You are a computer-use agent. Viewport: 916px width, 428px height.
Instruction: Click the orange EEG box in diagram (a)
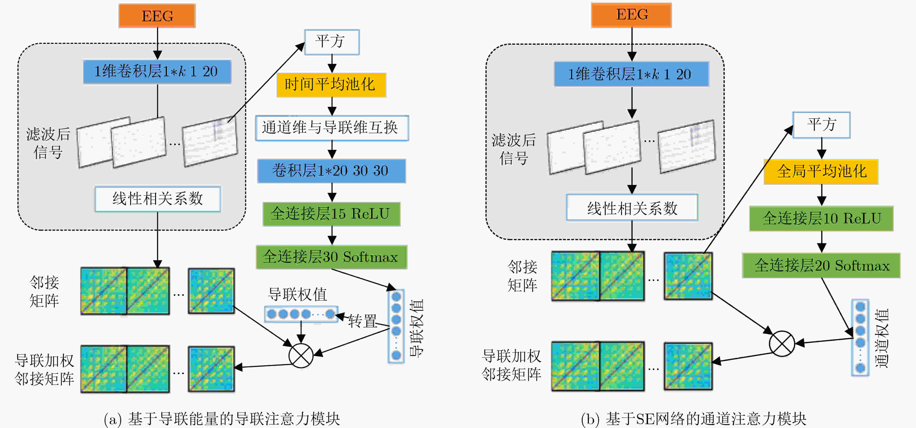click(x=157, y=16)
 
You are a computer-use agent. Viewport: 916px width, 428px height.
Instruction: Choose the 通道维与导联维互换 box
click(x=332, y=128)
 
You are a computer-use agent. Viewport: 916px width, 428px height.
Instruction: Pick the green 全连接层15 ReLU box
click(x=331, y=214)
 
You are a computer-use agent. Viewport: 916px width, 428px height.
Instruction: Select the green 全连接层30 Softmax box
click(x=331, y=257)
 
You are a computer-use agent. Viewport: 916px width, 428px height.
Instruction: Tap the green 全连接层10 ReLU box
click(x=821, y=218)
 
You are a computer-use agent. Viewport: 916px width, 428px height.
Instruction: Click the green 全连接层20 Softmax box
click(x=821, y=265)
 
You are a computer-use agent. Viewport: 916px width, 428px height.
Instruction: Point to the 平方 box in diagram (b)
click(x=821, y=125)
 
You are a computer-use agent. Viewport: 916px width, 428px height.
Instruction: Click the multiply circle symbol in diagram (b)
click(x=782, y=344)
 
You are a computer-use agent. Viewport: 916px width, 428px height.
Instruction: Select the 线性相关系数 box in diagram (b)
click(x=632, y=207)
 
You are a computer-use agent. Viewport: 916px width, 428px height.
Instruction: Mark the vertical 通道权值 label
click(x=882, y=338)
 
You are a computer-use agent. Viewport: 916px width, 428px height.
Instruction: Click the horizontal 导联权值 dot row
click(x=301, y=314)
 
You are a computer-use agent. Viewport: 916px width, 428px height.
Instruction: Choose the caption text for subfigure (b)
click(x=693, y=419)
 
